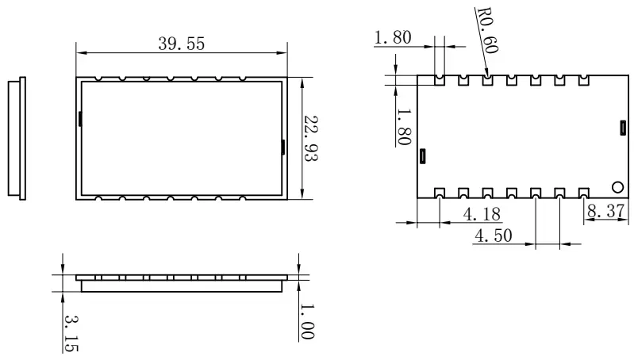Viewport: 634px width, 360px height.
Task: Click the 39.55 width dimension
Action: tap(181, 44)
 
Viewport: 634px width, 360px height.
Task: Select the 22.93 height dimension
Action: tap(312, 138)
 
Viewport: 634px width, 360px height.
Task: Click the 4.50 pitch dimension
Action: tap(494, 236)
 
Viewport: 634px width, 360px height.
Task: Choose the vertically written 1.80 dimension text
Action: tap(402, 126)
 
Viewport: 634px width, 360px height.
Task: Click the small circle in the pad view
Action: tap(617, 187)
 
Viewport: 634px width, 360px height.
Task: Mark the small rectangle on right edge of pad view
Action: tap(623, 126)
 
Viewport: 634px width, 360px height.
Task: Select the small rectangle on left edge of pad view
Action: tap(423, 155)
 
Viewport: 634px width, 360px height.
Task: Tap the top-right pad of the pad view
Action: tap(584, 80)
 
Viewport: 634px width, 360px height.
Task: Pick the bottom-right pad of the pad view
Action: tap(584, 193)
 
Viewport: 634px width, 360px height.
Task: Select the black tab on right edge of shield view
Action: tap(284, 147)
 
